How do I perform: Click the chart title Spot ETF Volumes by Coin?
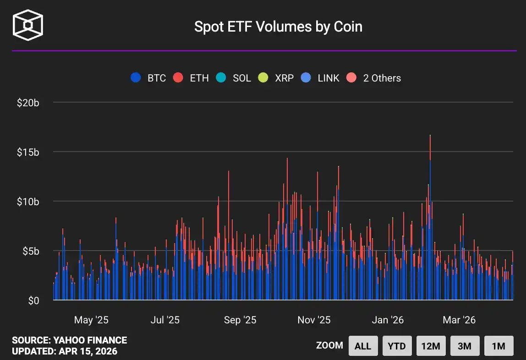click(x=278, y=27)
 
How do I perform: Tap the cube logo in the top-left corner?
click(x=27, y=24)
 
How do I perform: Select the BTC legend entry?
click(x=148, y=78)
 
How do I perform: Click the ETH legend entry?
click(x=191, y=78)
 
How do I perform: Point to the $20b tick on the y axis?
click(x=28, y=103)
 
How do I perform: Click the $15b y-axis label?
click(x=28, y=152)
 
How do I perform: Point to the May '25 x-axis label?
click(x=91, y=320)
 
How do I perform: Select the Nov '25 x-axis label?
click(x=314, y=320)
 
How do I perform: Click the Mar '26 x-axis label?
click(x=459, y=320)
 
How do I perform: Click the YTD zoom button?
click(x=396, y=346)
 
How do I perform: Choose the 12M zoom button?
click(x=430, y=346)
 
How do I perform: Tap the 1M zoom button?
click(x=499, y=346)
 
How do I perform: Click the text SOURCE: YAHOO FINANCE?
click(x=69, y=340)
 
